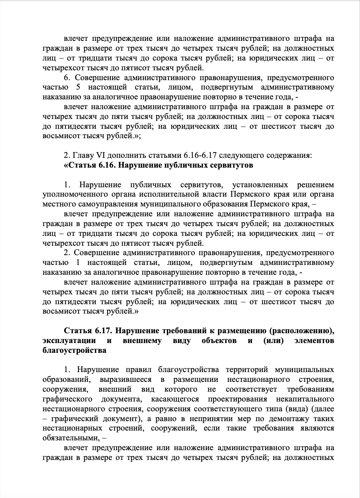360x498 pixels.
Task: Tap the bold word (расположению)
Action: (304, 331)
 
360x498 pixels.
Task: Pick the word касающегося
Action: (174, 399)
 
